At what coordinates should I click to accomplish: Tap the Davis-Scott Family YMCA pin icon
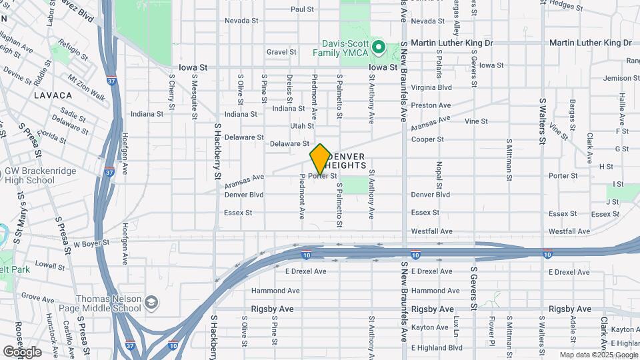coord(378,47)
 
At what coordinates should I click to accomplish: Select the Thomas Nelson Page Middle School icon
coord(151,303)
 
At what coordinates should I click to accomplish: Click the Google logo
coord(22,351)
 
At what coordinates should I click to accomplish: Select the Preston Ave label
coord(427,105)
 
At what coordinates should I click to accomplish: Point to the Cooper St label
coord(427,139)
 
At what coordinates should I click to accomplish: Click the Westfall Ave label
coord(431,231)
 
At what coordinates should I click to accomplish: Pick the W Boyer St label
coord(91,244)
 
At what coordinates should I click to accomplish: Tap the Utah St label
coord(301,125)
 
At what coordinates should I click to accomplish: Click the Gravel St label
coord(281,51)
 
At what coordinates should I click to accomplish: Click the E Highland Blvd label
coord(437,347)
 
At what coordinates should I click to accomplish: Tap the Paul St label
coord(302,9)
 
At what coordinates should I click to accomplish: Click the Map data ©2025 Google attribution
coord(598,355)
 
